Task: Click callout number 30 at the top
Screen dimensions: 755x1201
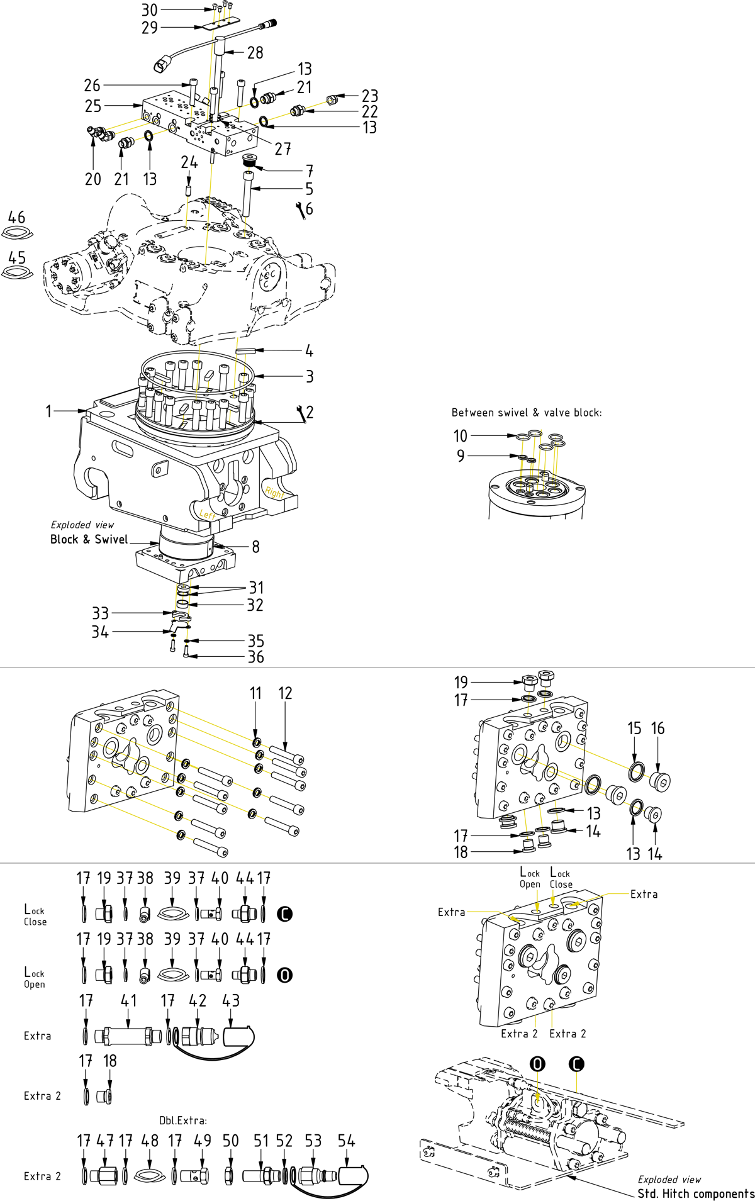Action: click(150, 10)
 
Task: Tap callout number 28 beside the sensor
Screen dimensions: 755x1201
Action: click(255, 52)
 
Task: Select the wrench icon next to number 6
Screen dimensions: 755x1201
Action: click(301, 210)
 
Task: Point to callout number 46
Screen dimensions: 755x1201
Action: click(16, 217)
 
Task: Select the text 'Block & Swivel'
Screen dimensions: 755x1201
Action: click(89, 539)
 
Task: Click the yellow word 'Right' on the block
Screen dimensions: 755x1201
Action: click(274, 493)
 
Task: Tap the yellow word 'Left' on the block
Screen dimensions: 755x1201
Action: click(208, 515)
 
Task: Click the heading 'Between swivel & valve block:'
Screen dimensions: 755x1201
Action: click(527, 413)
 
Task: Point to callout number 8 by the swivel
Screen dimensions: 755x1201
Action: click(255, 547)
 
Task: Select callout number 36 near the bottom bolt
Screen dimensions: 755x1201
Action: click(255, 657)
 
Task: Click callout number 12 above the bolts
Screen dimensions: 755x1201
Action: click(285, 693)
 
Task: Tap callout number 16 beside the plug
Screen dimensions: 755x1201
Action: click(657, 729)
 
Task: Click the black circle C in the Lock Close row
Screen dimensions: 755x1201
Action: click(285, 913)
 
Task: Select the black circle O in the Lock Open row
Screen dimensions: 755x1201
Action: click(285, 975)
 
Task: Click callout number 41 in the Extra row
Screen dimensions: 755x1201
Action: click(128, 1001)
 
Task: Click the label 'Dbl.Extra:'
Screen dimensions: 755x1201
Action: click(183, 1120)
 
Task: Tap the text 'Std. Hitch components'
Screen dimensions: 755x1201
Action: click(696, 1193)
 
